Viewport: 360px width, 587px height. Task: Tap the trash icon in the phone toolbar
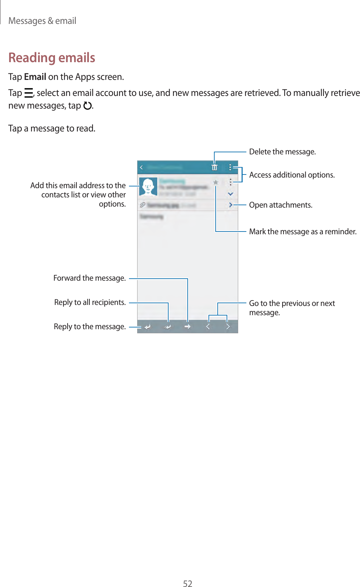tap(214, 167)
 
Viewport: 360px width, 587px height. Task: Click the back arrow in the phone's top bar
tap(142, 167)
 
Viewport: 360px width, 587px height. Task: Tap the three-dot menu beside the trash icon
tap(230, 167)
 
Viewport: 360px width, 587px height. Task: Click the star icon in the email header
tap(216, 182)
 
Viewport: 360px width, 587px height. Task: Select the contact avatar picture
tap(148, 186)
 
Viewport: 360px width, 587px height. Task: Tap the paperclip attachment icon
tap(142, 205)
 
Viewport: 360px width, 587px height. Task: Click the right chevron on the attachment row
tap(231, 205)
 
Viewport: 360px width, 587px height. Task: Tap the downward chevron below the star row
tap(231, 194)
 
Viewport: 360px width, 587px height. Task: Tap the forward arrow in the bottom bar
tap(187, 327)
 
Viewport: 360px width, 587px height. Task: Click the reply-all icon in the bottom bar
tap(168, 327)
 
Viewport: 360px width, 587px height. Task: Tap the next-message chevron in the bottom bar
tap(228, 327)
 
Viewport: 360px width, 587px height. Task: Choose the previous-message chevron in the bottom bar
tap(208, 327)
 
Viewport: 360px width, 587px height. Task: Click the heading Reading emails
tap(52, 58)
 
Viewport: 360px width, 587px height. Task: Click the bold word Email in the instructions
tap(35, 77)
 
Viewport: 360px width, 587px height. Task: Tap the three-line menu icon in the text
tap(29, 93)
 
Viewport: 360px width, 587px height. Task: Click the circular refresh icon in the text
tap(87, 106)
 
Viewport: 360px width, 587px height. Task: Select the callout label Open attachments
tap(280, 205)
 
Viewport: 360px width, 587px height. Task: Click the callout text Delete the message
tap(282, 152)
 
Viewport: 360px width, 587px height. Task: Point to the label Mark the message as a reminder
tap(302, 232)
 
